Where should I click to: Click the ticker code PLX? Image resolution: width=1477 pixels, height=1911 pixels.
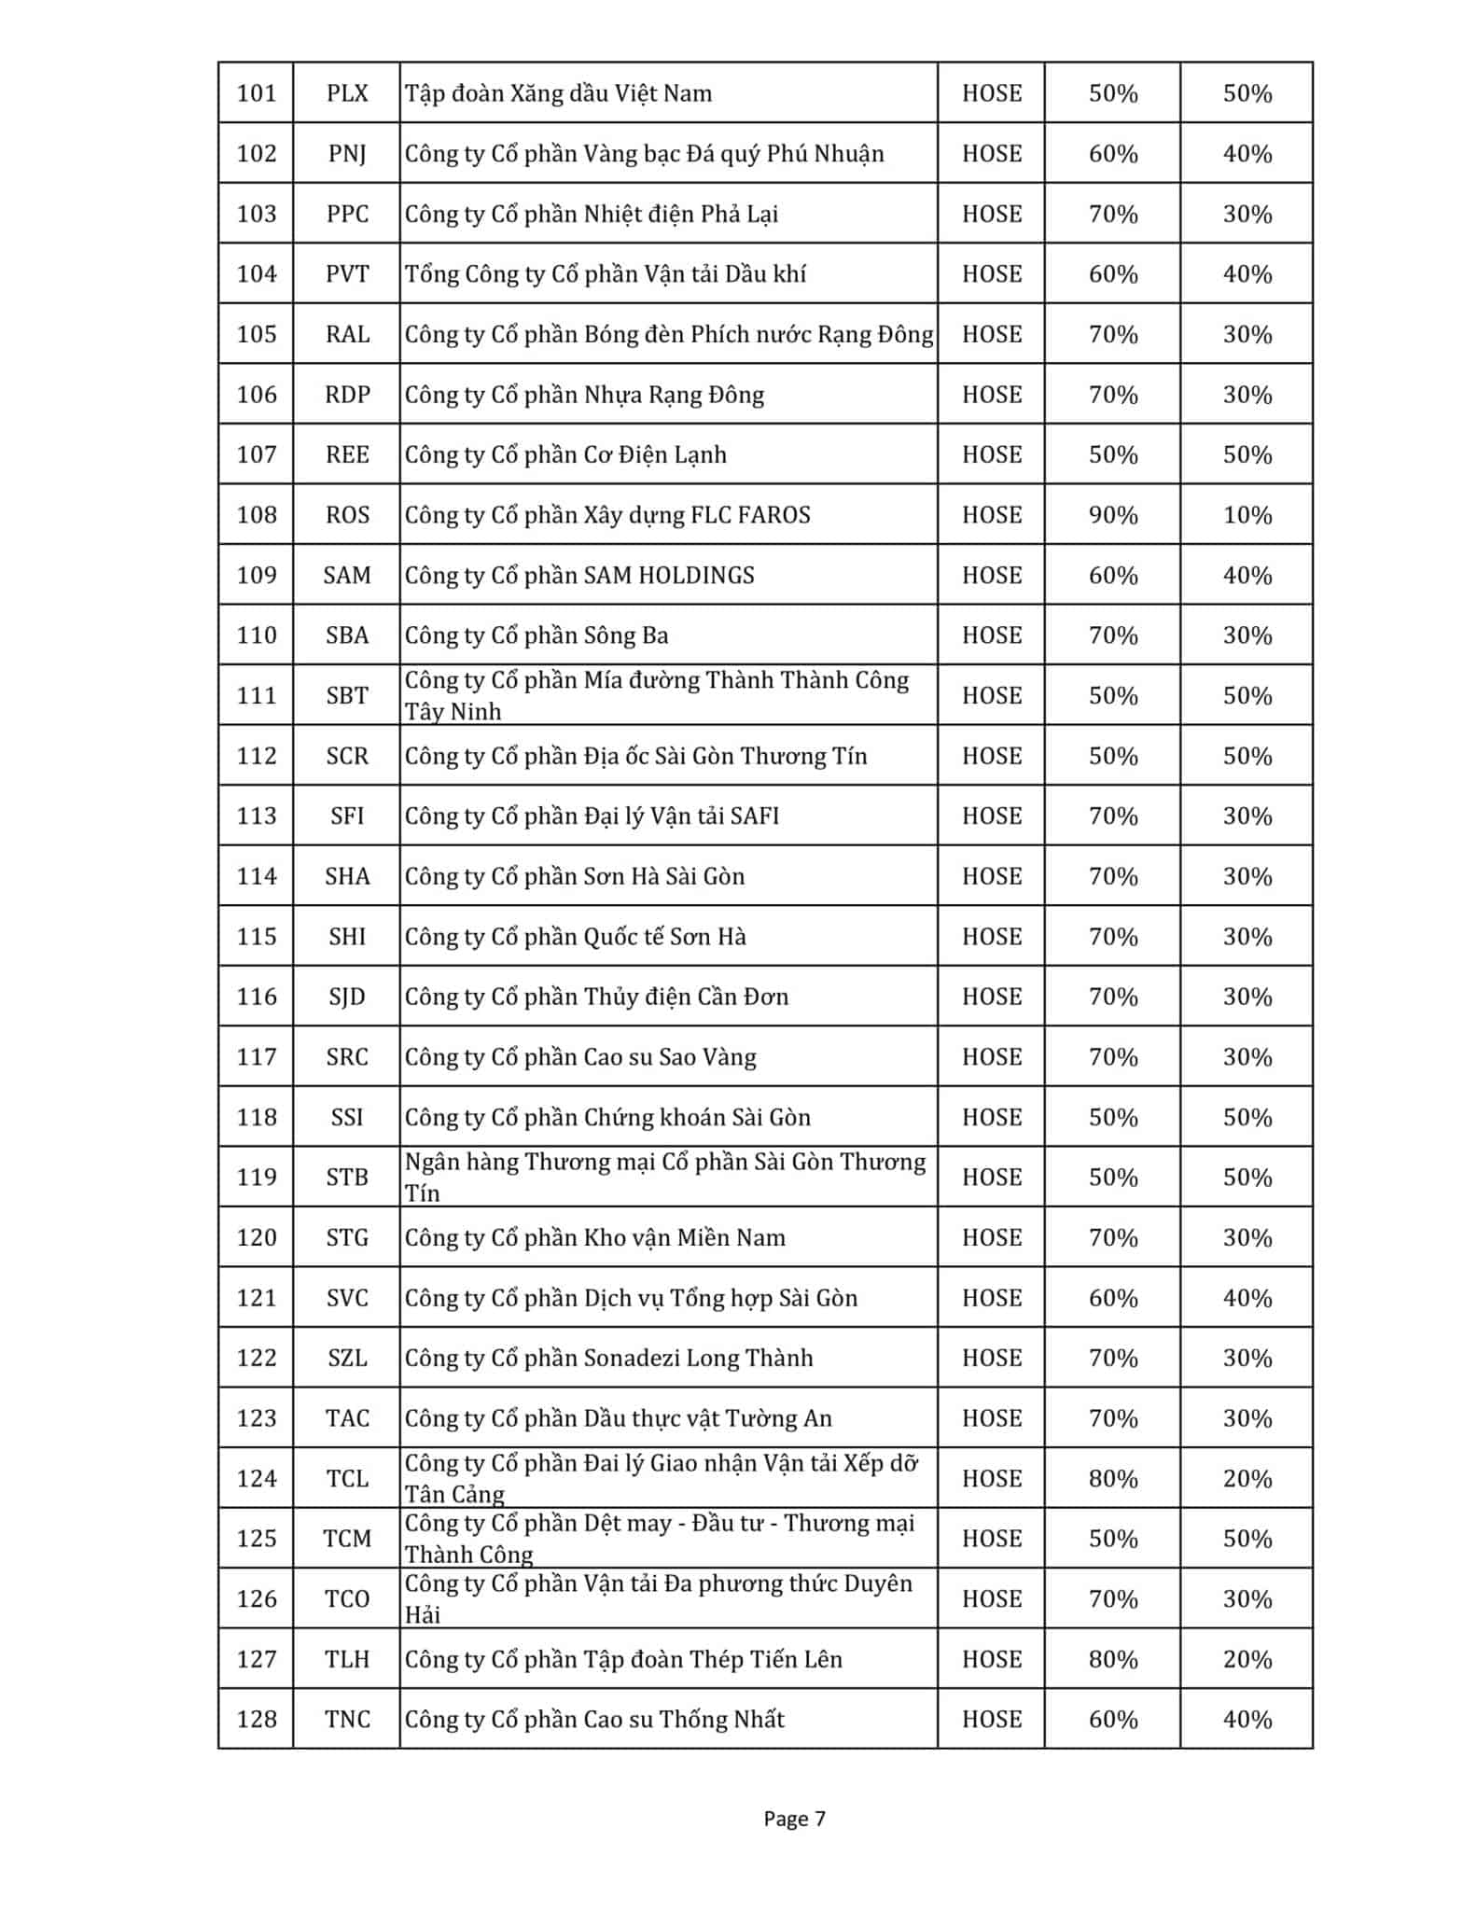point(347,93)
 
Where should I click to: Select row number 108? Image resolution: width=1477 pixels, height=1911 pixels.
point(257,515)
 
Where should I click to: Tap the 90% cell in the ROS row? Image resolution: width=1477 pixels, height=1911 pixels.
point(1112,515)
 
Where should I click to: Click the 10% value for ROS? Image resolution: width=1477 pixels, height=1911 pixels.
point(1247,515)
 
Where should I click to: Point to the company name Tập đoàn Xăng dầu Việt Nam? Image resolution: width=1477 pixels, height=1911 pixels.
point(558,93)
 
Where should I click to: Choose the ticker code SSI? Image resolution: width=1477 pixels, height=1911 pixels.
point(347,1117)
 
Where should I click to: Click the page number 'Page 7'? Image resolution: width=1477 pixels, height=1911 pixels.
point(794,1818)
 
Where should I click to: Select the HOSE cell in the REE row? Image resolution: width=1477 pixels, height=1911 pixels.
point(991,454)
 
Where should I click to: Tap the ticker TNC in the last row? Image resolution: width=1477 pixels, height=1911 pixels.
point(347,1719)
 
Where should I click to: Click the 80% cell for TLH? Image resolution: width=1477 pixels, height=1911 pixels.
point(1112,1659)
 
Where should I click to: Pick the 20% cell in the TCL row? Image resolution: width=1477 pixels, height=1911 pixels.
point(1247,1478)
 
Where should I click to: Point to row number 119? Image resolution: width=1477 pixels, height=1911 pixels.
point(257,1177)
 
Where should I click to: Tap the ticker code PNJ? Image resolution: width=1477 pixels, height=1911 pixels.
point(347,154)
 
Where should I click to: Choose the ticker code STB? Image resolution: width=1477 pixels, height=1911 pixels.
point(347,1177)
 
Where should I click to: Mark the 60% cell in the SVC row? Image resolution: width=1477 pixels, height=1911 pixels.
point(1112,1297)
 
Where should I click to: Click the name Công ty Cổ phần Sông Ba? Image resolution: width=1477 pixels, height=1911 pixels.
point(536,635)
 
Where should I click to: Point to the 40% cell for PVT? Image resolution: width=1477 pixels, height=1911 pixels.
point(1247,274)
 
